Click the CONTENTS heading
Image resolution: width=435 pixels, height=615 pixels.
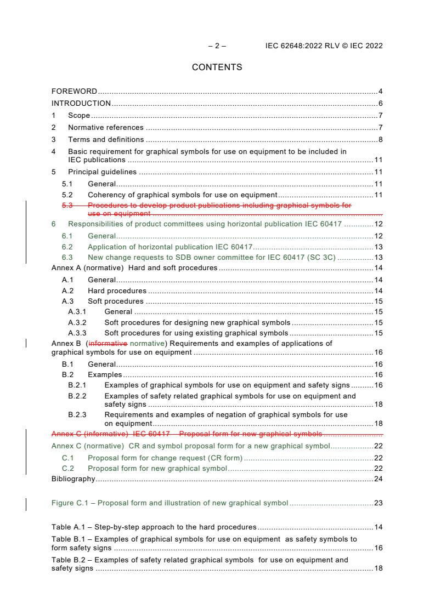pyautogui.click(x=217, y=67)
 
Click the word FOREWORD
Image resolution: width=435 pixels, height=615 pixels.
pyautogui.click(x=74, y=91)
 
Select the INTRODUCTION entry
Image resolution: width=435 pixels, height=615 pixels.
pyautogui.click(x=81, y=103)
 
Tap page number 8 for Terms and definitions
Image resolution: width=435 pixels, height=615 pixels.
pyautogui.click(x=380, y=139)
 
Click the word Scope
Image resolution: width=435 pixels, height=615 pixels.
pyautogui.click(x=79, y=115)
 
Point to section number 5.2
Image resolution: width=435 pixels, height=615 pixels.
pyautogui.click(x=67, y=194)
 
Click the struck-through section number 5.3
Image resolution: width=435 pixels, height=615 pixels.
pyautogui.click(x=67, y=206)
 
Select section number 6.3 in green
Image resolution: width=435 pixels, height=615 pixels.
pyautogui.click(x=67, y=257)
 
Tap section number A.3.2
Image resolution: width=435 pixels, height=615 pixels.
pyautogui.click(x=77, y=323)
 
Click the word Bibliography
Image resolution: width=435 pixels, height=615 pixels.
pyautogui.click(x=73, y=479)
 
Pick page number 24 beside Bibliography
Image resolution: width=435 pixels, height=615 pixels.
pyautogui.click(x=378, y=479)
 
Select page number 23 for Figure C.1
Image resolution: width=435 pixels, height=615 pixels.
pyautogui.click(x=378, y=503)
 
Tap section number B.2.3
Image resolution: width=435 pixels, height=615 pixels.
pyautogui.click(x=77, y=415)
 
